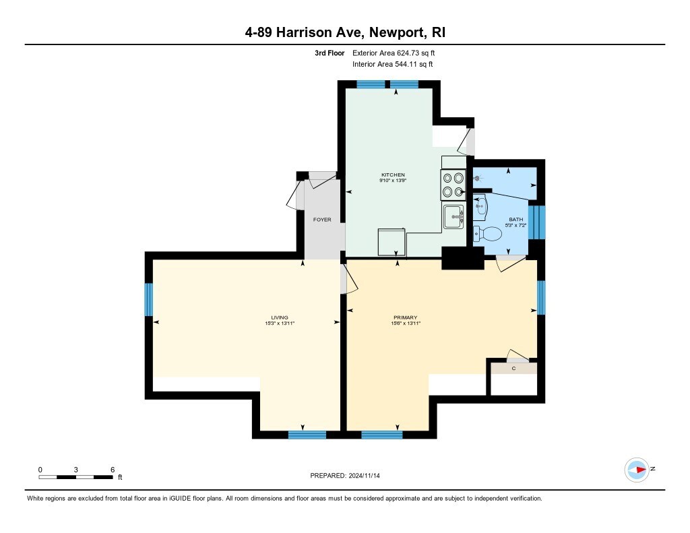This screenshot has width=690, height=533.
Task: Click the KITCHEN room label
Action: point(393,175)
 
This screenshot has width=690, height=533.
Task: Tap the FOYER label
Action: point(322,220)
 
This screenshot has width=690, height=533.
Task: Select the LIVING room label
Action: point(280,317)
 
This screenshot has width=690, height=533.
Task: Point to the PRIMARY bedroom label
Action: point(405,317)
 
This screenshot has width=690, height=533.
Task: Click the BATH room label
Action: point(516,219)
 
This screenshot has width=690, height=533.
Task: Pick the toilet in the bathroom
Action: point(488,234)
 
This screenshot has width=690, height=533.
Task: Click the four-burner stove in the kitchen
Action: point(453,185)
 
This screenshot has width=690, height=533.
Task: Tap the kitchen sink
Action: point(453,216)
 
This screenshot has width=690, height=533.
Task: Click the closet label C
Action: point(513,368)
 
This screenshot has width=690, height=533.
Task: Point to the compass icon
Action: point(637,470)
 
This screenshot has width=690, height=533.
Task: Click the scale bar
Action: point(75,477)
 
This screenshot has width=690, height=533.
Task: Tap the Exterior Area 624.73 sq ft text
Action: point(394,53)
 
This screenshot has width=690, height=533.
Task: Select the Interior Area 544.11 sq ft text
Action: point(393,64)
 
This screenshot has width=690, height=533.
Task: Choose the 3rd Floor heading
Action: point(330,53)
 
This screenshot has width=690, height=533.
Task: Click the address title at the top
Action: point(345,32)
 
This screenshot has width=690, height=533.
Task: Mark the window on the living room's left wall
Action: point(149,300)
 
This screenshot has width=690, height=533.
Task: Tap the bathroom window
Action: point(537,222)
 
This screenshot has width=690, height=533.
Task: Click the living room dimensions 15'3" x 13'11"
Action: point(280,323)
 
